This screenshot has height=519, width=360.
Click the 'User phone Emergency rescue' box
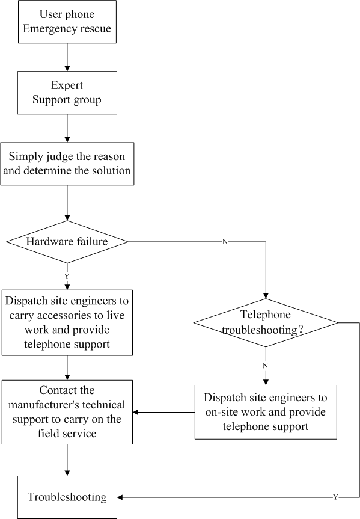tap(67, 22)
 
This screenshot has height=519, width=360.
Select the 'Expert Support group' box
tap(67, 93)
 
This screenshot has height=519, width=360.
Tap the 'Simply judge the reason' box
tap(67, 164)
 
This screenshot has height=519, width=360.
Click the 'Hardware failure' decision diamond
tap(67, 242)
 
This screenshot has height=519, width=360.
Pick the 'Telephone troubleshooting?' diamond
tap(266, 323)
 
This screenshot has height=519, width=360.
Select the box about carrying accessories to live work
tap(67, 323)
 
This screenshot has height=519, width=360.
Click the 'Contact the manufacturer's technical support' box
tap(67, 412)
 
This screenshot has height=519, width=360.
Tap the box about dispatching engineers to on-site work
tap(266, 412)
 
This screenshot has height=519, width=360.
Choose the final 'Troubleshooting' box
tap(67, 497)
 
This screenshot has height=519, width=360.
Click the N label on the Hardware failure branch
tap(225, 242)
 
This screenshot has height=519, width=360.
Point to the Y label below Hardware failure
tap(67, 276)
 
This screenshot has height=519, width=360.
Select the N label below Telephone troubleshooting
tap(266, 366)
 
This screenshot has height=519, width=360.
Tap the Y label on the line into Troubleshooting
tap(335, 497)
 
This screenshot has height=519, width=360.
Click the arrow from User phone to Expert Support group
tap(67, 57)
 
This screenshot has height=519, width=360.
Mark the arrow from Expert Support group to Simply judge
tap(67, 128)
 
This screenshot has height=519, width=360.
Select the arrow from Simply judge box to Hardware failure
tap(67, 203)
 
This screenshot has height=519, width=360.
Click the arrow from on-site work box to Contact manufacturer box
tap(164, 412)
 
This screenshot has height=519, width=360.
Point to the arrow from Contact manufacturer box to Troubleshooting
tap(67, 460)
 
